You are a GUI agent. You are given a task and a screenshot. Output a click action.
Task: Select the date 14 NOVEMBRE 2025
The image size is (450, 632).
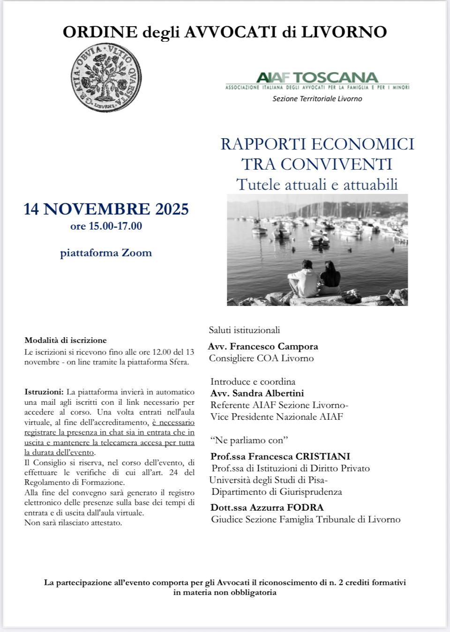(106, 208)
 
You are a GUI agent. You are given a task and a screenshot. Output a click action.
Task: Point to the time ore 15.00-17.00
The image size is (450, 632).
(106, 226)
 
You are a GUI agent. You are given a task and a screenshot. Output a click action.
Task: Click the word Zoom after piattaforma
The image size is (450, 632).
(137, 253)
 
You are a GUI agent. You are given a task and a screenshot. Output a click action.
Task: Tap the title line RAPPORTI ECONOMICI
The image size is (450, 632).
(317, 144)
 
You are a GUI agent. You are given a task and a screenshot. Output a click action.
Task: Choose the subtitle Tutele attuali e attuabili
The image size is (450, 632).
(317, 184)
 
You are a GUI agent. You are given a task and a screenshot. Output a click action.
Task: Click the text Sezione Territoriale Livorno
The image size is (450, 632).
(317, 98)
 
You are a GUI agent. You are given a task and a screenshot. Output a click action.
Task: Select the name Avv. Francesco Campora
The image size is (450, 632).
(263, 347)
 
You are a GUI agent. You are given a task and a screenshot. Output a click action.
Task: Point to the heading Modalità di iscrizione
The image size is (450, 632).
(66, 340)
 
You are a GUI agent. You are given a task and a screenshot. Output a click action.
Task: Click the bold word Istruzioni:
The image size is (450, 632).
(44, 391)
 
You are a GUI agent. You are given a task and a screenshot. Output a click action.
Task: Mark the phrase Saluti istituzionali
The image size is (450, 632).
(244, 330)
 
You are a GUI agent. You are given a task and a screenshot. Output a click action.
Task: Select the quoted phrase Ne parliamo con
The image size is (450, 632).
(249, 440)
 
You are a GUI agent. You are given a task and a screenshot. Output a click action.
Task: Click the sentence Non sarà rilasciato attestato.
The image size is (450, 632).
(73, 522)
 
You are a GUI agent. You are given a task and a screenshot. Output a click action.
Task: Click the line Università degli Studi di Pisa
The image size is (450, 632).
(268, 480)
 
